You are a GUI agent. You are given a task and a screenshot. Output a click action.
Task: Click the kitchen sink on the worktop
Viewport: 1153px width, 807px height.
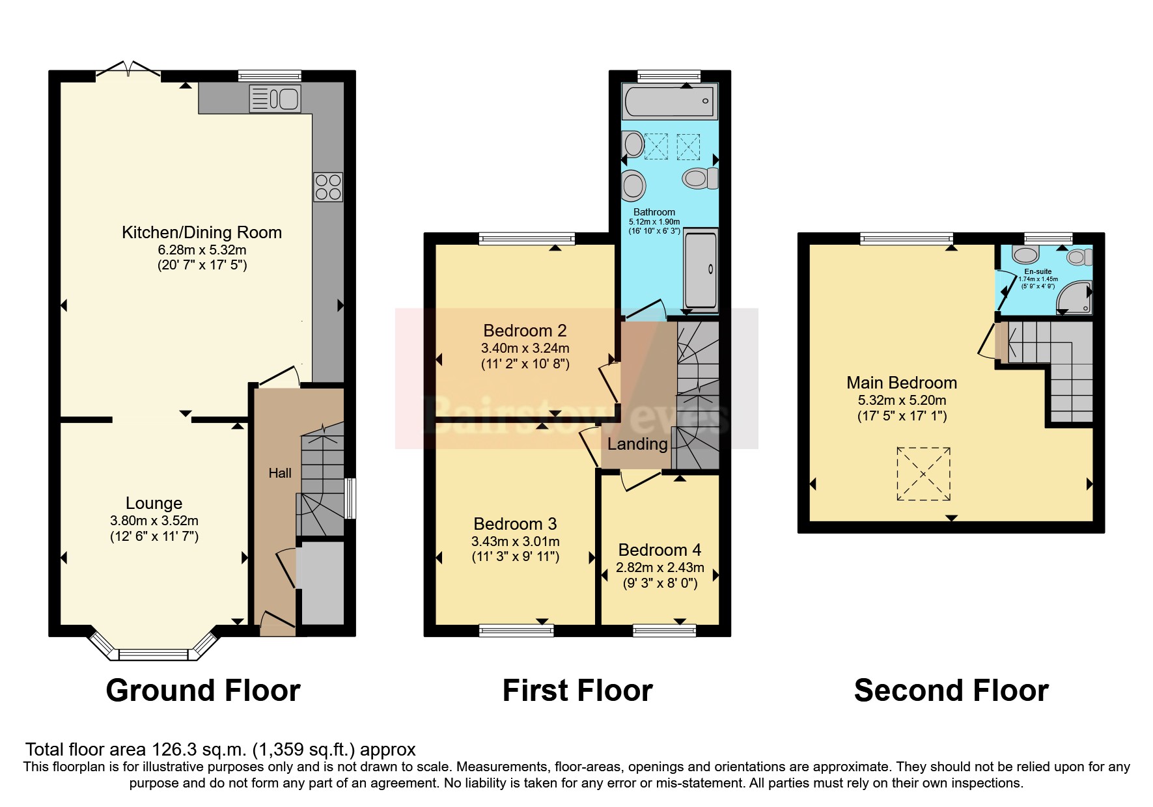[x=275, y=99]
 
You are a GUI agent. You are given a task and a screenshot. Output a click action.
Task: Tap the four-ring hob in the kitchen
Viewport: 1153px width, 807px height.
[x=327, y=187]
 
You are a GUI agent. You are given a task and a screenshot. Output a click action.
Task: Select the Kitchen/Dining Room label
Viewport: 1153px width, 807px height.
[x=202, y=232]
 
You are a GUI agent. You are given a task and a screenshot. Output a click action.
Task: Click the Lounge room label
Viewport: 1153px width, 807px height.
[x=154, y=503]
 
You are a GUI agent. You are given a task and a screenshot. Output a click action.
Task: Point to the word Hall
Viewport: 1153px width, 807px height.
[x=280, y=473]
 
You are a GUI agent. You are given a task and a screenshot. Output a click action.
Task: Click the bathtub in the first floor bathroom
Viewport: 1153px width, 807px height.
[x=669, y=102]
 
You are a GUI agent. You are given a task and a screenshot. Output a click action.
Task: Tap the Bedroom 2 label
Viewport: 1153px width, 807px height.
[x=525, y=331]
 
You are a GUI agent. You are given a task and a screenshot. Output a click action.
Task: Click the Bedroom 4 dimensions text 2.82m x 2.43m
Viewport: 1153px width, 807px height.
[x=660, y=568]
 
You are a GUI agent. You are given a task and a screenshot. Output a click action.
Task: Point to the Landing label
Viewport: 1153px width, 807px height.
[x=637, y=444]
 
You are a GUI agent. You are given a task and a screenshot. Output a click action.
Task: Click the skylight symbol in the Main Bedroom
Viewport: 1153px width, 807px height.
[x=923, y=474]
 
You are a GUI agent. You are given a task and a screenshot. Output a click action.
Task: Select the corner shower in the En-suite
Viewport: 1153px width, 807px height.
[x=1074, y=296]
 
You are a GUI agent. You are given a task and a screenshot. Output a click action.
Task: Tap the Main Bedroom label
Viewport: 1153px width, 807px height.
[x=902, y=383]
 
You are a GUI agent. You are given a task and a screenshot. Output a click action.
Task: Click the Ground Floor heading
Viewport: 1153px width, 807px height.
[x=203, y=691]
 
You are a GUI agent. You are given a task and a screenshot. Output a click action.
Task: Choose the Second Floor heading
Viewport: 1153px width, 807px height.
[x=951, y=691]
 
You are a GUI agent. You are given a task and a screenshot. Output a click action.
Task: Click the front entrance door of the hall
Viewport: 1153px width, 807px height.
[x=276, y=625]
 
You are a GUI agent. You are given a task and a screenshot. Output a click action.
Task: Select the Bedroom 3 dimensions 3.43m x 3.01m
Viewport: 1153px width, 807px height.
[x=515, y=541]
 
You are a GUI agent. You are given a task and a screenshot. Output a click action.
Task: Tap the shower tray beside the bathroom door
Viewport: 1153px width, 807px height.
[x=701, y=269]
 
